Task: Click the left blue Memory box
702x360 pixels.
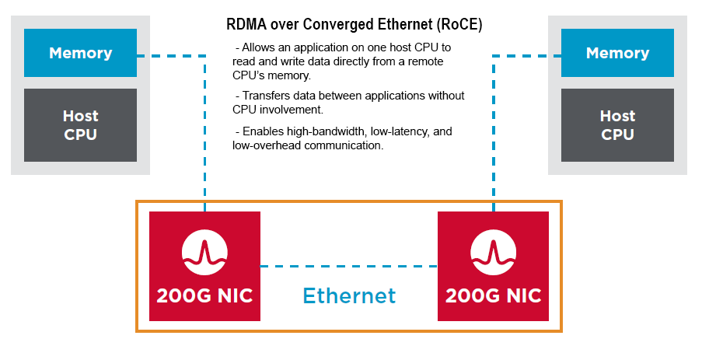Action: [x=80, y=53]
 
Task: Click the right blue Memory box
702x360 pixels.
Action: [x=617, y=53]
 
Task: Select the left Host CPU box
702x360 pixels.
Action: [x=80, y=125]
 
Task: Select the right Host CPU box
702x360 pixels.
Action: [x=617, y=125]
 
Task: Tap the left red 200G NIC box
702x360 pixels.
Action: [x=204, y=265]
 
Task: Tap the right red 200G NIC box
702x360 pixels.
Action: [x=493, y=265]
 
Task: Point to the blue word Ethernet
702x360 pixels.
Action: [x=349, y=295]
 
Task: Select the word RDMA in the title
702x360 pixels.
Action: [x=244, y=25]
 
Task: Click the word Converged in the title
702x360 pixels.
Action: [x=335, y=25]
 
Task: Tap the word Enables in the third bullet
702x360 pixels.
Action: [x=262, y=131]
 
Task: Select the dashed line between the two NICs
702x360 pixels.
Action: [x=348, y=266]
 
